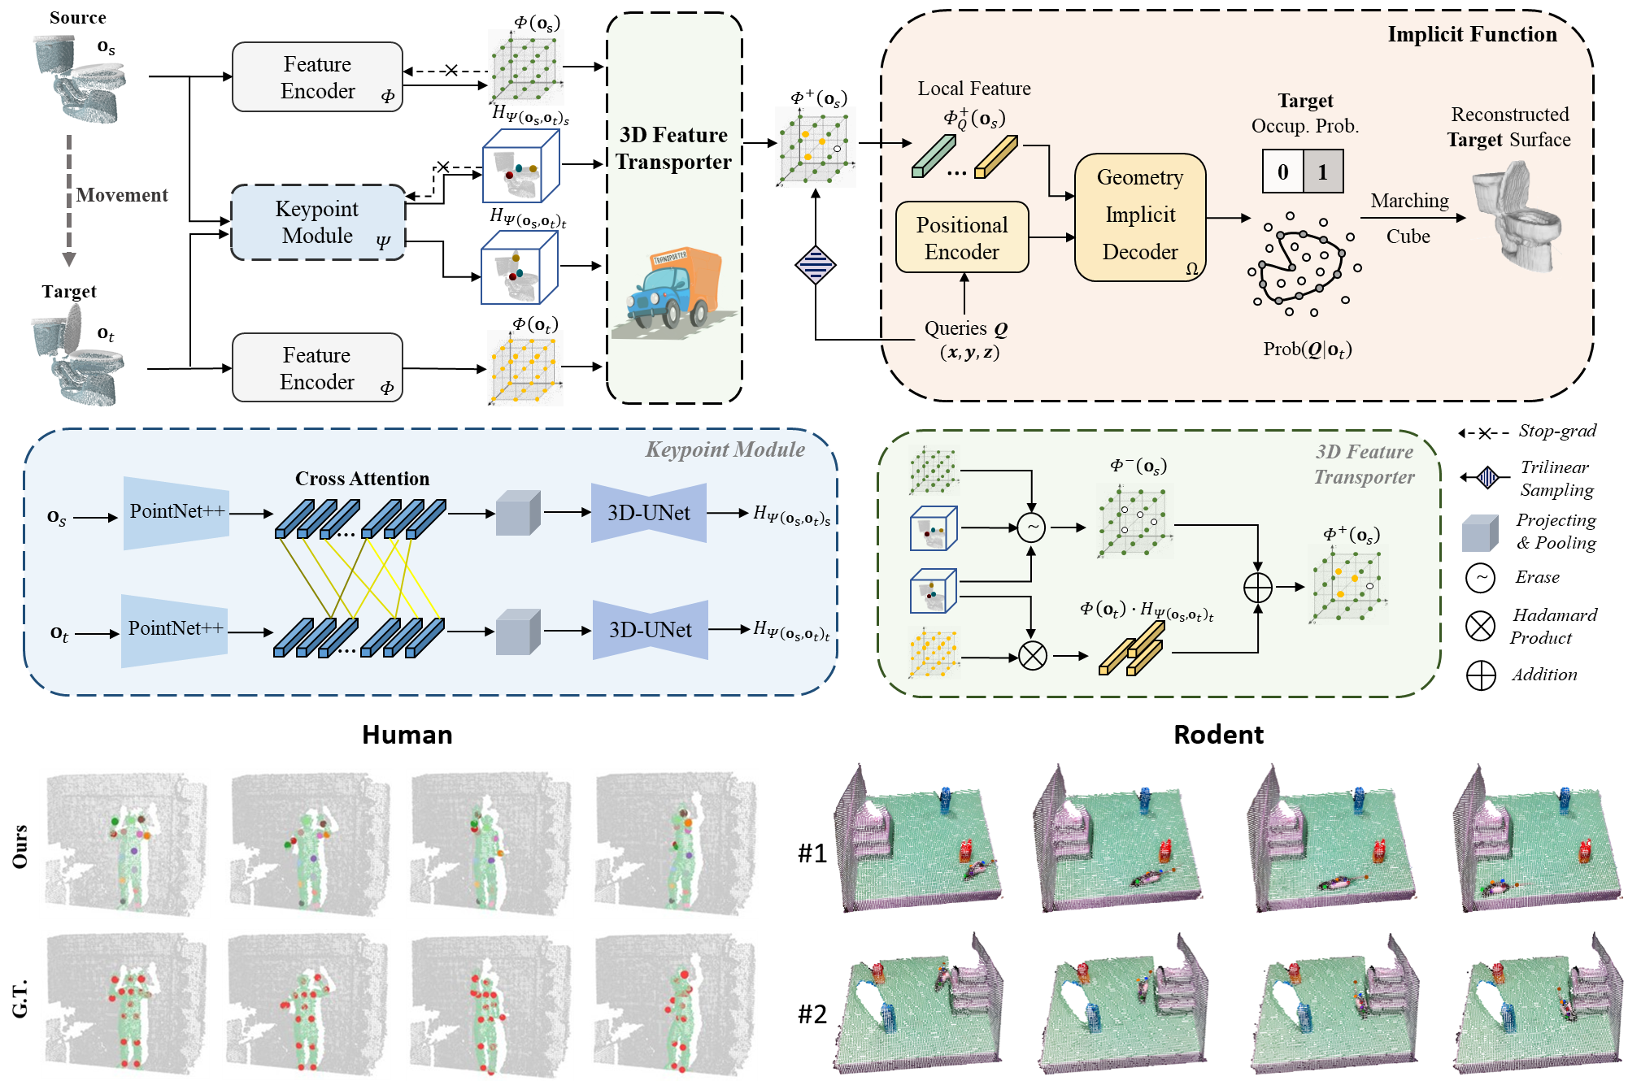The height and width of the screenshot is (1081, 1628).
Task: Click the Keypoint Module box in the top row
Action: point(318,223)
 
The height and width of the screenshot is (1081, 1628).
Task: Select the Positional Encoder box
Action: point(962,237)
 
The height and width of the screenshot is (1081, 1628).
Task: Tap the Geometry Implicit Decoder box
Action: point(1140,216)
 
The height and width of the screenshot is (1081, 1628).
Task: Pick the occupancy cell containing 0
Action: point(1282,171)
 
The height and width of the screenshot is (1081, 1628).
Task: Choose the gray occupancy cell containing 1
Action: point(1323,171)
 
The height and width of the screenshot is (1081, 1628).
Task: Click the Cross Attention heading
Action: point(362,479)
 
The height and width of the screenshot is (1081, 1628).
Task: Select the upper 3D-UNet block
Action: point(648,513)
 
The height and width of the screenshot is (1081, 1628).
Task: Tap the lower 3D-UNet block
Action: point(650,630)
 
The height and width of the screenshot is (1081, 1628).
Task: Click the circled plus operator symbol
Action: point(1258,587)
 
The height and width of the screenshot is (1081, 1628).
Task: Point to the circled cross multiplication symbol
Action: point(1033,656)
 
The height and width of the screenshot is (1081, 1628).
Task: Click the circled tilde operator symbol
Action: point(1031,527)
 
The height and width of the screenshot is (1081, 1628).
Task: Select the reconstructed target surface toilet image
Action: point(1514,215)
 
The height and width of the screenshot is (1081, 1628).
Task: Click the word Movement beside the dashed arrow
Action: point(122,195)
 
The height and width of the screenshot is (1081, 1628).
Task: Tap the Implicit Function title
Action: point(1472,34)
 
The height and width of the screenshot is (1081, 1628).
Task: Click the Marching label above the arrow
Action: point(1409,201)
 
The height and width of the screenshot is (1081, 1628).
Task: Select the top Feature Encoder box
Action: point(317,77)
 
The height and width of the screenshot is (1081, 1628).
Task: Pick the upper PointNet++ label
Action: point(176,511)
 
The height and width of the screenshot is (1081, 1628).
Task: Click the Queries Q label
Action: point(966,328)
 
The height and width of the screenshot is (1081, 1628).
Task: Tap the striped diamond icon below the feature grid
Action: point(816,265)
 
